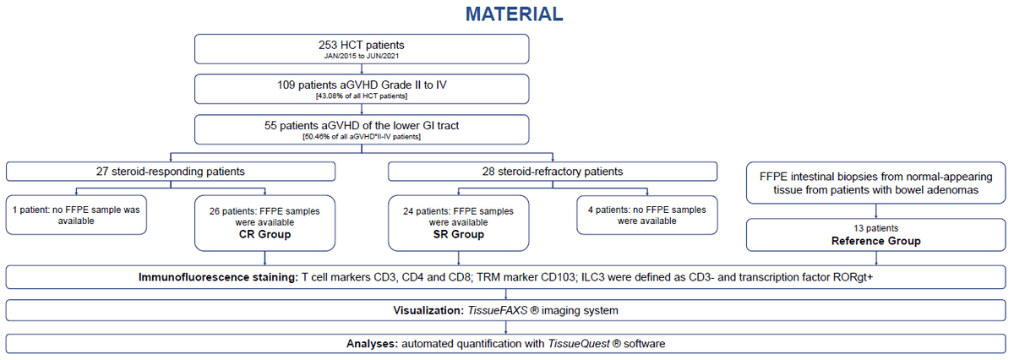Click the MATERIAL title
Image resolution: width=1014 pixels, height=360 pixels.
(515, 14)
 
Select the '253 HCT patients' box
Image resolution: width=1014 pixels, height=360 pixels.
(362, 49)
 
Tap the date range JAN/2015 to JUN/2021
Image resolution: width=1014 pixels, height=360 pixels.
(362, 56)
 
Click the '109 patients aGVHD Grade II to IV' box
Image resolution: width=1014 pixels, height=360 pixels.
(362, 90)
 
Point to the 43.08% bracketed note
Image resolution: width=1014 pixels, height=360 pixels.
(362, 96)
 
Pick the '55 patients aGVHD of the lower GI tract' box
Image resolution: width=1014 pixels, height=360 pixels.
(362, 129)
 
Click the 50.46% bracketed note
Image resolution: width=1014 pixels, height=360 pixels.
(362, 137)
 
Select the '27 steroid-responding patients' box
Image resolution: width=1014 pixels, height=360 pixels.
(171, 172)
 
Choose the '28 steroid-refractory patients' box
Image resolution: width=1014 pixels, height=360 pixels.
(553, 172)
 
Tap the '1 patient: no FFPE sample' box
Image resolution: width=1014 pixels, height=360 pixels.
(76, 215)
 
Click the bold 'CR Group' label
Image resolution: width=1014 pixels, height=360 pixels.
(264, 235)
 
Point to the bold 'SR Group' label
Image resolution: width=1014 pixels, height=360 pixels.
(459, 235)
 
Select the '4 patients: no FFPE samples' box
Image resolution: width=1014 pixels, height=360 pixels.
(647, 215)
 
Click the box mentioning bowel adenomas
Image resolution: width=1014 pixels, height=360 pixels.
(876, 183)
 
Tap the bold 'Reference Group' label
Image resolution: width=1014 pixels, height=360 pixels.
(876, 241)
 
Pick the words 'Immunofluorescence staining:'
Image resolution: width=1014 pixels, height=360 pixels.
(218, 277)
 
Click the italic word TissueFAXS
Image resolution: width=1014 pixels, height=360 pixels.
(498, 311)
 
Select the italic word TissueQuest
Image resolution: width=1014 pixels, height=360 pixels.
(579, 344)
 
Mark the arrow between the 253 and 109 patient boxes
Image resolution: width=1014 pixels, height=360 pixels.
(362, 69)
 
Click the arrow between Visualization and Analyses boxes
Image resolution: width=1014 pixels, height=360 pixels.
(505, 327)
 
